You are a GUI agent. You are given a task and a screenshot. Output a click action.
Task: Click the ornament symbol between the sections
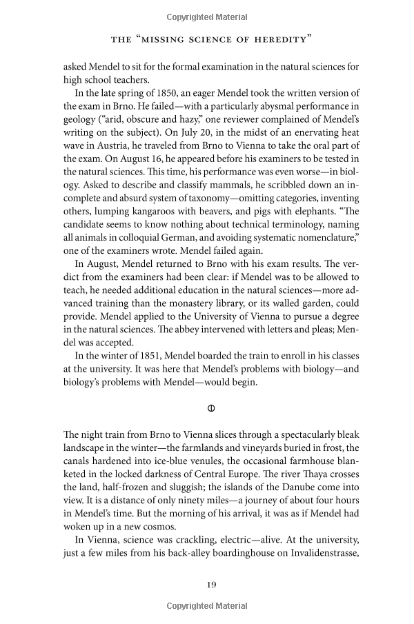[212, 408]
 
